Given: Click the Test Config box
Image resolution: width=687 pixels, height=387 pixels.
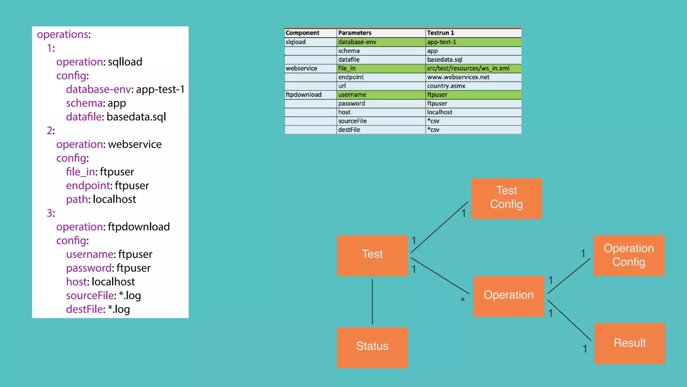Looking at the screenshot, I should click(x=506, y=198).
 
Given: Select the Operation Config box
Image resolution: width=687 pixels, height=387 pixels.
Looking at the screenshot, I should click(x=629, y=255).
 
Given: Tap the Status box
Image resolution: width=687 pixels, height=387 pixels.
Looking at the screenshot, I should click(x=372, y=347).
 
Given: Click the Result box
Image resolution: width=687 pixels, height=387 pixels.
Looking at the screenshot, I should click(x=629, y=343).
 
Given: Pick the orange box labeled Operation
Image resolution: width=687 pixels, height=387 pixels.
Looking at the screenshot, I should click(x=508, y=296).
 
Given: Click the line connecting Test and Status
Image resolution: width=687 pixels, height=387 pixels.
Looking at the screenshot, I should click(x=372, y=301).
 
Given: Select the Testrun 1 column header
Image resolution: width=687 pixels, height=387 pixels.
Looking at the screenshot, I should click(x=440, y=33).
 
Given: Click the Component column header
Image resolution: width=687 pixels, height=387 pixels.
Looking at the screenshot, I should click(x=302, y=33).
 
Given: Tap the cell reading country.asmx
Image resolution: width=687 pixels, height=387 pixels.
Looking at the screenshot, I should click(x=446, y=86).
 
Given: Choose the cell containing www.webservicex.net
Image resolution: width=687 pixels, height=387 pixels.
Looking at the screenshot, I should click(x=458, y=77).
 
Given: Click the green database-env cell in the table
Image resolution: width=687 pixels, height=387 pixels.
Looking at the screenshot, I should click(x=357, y=42).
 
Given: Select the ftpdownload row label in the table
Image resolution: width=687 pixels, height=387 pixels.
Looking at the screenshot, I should click(x=303, y=95).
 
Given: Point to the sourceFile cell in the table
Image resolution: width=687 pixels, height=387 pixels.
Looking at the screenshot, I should click(x=352, y=121).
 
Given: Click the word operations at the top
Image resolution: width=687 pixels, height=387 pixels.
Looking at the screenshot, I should click(x=62, y=34).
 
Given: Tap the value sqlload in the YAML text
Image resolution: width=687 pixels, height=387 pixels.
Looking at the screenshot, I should click(x=125, y=62).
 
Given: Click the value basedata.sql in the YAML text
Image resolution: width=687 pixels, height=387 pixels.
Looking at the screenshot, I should click(x=136, y=117).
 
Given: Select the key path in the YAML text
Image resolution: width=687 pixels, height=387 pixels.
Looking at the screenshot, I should click(x=77, y=199).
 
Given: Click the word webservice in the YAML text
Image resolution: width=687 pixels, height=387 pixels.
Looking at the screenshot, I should click(x=135, y=144).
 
